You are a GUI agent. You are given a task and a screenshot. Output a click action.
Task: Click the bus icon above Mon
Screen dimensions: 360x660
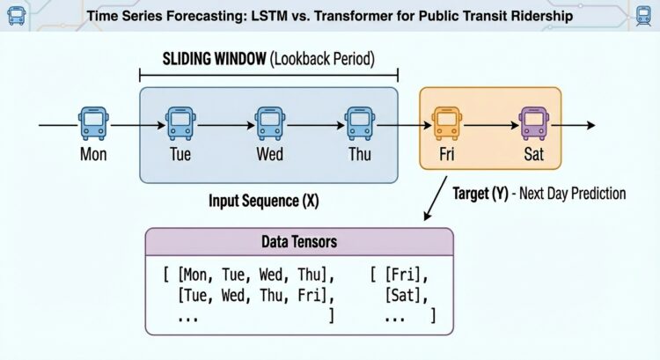click(93, 124)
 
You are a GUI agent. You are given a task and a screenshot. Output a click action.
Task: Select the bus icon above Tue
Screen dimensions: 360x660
click(180, 124)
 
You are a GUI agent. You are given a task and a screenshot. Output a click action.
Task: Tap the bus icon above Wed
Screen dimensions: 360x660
click(269, 124)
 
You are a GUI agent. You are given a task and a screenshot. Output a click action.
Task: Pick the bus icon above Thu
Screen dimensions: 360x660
click(358, 124)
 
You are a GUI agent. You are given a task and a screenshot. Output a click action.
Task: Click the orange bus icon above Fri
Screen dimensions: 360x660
click(446, 124)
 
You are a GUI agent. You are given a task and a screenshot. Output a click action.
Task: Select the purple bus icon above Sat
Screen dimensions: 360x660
click(533, 124)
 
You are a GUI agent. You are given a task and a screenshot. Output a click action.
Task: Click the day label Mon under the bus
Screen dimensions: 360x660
click(93, 156)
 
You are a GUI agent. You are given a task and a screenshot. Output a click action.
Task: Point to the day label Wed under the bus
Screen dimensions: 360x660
click(269, 156)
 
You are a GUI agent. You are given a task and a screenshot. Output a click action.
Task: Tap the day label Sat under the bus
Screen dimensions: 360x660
click(533, 156)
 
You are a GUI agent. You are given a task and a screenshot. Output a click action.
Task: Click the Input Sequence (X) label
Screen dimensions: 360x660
click(263, 201)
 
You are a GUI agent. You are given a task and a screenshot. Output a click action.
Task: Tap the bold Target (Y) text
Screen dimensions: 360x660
click(484, 192)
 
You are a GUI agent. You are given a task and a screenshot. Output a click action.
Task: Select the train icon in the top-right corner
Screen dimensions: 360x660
click(643, 15)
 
